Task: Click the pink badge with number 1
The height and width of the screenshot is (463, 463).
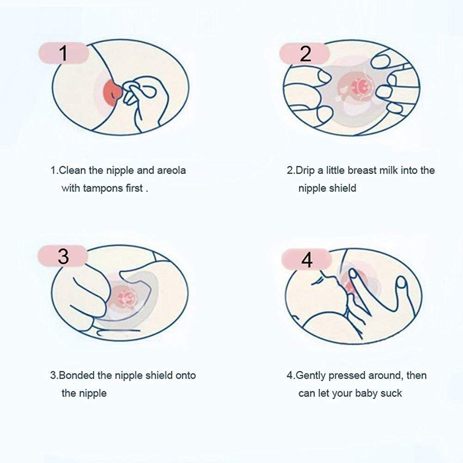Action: point(63,53)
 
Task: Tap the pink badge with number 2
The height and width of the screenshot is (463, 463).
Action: point(305,54)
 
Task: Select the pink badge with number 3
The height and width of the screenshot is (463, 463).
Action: point(63,256)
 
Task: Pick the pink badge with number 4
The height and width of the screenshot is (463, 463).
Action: point(306,260)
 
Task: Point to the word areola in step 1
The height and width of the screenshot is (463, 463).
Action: point(171,171)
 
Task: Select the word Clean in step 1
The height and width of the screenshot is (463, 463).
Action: point(73,171)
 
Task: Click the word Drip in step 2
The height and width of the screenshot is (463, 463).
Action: point(305,171)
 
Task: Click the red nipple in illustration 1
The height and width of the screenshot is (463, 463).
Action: point(112,91)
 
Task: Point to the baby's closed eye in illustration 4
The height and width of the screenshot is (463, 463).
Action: point(316,281)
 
